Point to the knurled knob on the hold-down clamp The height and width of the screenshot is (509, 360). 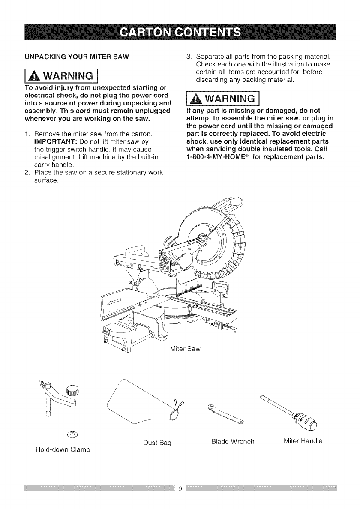click(x=73, y=390)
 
